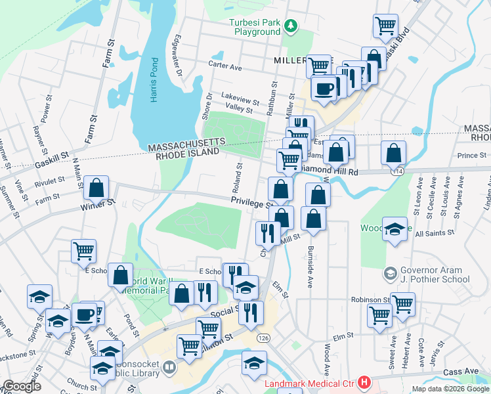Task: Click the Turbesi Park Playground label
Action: point(254,27)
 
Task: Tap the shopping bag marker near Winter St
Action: point(96,188)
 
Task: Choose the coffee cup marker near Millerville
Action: point(322,89)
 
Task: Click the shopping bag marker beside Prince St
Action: point(393,153)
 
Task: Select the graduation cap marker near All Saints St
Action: point(394,229)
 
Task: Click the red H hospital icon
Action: point(364,382)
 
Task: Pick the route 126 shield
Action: point(263,338)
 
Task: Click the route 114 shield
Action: point(398,171)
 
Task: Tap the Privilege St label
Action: point(249,204)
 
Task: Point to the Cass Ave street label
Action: point(462,371)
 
